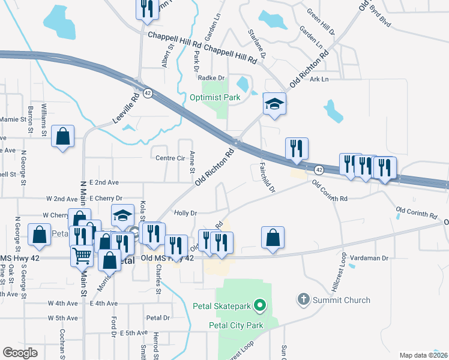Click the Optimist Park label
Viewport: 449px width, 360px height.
click(x=215, y=97)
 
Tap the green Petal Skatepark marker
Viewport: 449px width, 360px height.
click(x=260, y=307)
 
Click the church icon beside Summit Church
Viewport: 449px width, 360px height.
click(x=304, y=299)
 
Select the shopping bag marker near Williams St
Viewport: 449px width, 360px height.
click(x=62, y=136)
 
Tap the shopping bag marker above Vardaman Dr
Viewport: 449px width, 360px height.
click(x=273, y=237)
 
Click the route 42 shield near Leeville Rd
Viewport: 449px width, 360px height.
click(x=147, y=93)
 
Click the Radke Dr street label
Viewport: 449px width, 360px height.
click(x=211, y=77)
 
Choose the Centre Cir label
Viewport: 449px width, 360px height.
click(x=170, y=158)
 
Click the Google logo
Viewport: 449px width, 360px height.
click(x=20, y=352)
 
